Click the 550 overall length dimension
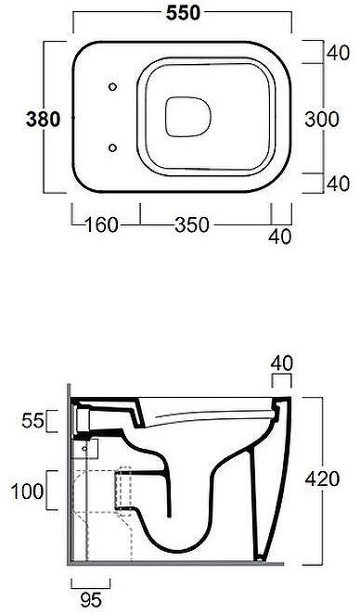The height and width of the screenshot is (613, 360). pyautogui.click(x=183, y=13)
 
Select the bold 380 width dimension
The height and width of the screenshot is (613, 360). pyautogui.click(x=43, y=120)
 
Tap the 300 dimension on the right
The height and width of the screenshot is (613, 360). pyautogui.click(x=322, y=120)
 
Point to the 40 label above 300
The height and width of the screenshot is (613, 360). pyautogui.click(x=338, y=53)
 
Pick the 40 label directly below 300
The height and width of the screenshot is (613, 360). pyautogui.click(x=338, y=184)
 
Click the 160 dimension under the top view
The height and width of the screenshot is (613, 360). pyautogui.click(x=101, y=225)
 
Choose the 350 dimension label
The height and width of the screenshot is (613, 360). pyautogui.click(x=192, y=225)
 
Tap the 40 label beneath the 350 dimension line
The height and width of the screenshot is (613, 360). pyautogui.click(x=280, y=236)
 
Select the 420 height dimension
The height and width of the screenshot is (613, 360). pyautogui.click(x=323, y=479)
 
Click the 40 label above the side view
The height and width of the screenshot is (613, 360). pyautogui.click(x=281, y=364)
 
